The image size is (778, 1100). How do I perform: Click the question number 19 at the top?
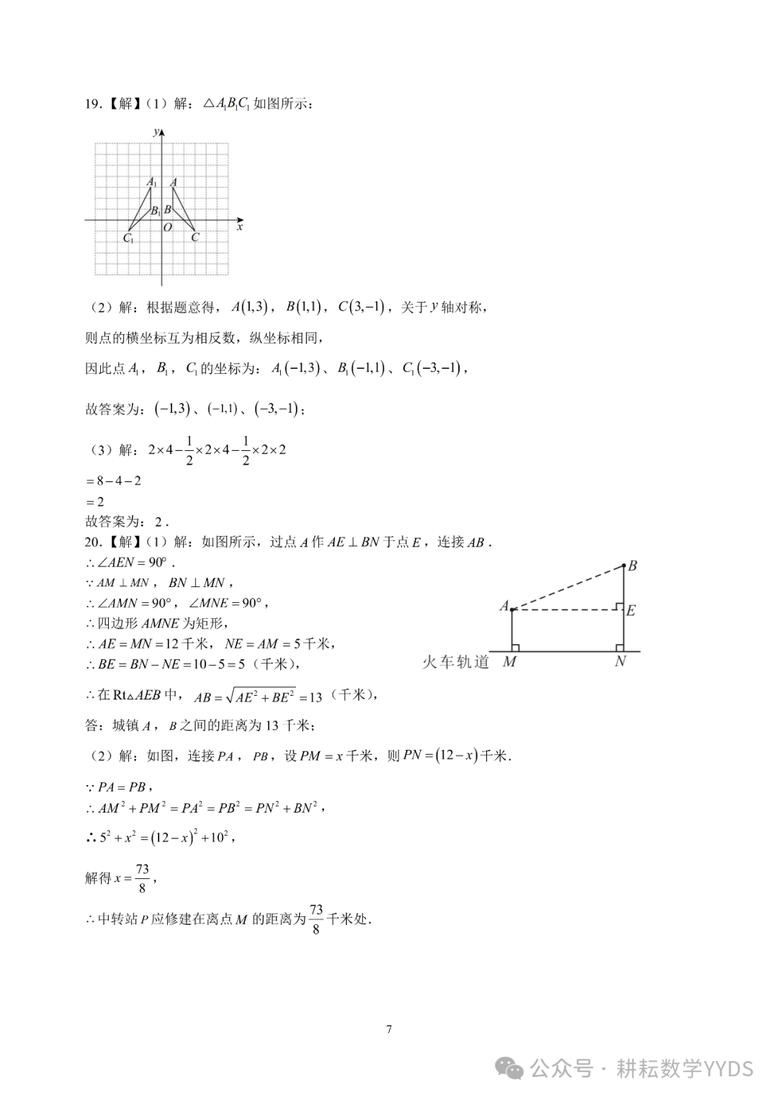[91, 104]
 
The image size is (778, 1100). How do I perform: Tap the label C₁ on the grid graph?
[128, 238]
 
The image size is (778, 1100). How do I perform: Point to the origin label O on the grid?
[167, 228]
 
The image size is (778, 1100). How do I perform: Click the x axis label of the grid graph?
[239, 227]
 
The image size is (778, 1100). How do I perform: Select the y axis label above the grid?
[156, 131]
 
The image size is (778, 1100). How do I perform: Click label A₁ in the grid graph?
[151, 183]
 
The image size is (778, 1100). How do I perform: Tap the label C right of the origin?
[194, 237]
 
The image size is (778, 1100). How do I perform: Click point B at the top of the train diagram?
[632, 565]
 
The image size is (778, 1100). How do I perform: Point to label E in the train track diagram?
[630, 611]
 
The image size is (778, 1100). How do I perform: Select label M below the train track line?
[509, 661]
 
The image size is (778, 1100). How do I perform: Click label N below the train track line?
[620, 661]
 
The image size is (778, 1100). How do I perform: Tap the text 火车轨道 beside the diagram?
[455, 661]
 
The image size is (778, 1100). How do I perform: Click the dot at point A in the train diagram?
[512, 610]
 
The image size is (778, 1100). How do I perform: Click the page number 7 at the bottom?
[389, 1029]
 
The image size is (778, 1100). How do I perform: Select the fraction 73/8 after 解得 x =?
[142, 878]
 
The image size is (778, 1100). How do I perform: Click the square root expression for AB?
[260, 696]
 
